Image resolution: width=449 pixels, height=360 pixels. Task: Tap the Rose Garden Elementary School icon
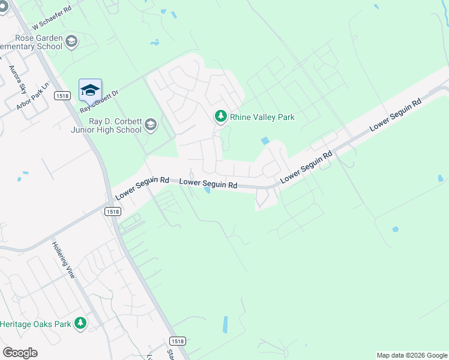71,41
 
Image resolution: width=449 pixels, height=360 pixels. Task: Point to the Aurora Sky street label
18,80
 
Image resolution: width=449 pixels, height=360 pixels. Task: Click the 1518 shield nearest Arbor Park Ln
62,95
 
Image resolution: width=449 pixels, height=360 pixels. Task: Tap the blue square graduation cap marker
90,90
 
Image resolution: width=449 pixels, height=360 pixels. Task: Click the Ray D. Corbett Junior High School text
115,125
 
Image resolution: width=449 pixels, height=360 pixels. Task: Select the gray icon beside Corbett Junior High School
150,125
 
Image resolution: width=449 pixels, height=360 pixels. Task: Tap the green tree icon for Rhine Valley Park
221,116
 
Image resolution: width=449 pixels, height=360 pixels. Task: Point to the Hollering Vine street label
63,259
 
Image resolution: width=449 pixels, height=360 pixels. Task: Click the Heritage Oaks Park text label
35,324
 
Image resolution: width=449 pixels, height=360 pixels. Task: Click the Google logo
20,352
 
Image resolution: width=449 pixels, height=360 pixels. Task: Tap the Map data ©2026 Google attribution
412,355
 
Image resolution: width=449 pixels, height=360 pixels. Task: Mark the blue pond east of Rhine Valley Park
265,140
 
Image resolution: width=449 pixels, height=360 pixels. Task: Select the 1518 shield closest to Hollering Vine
112,211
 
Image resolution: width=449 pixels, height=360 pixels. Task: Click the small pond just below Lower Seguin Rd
206,190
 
